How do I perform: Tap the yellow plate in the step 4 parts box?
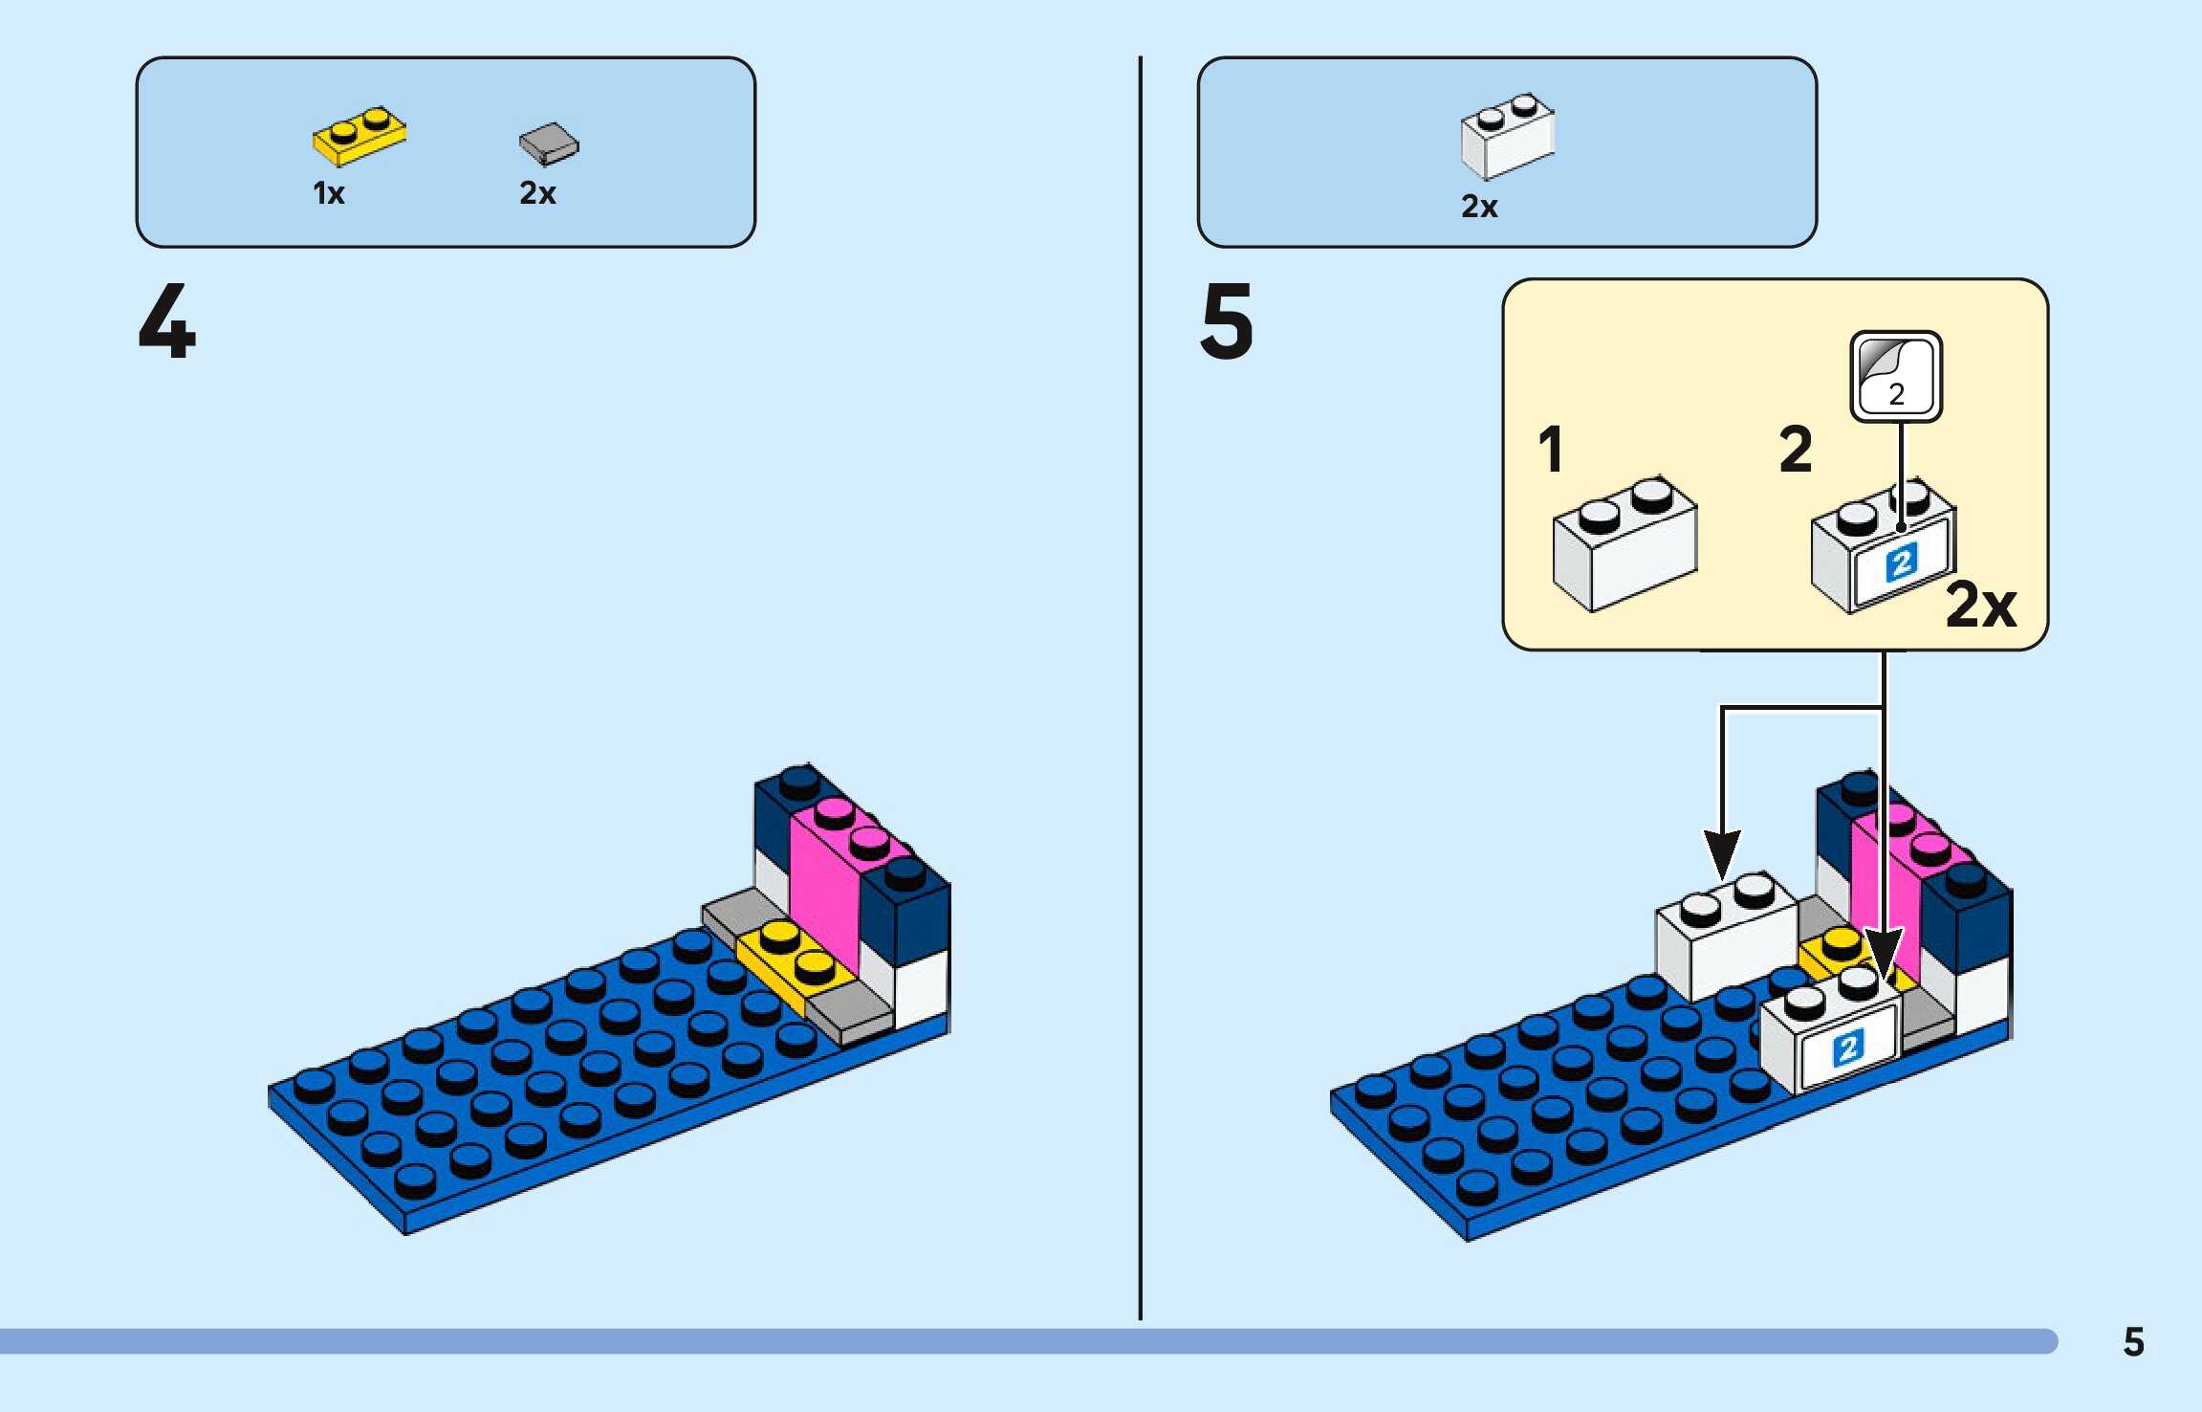[x=359, y=136]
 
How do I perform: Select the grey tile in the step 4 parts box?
[x=549, y=143]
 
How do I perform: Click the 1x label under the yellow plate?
[x=328, y=193]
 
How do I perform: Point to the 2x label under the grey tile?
[x=537, y=193]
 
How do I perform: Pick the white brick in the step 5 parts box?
[x=1507, y=136]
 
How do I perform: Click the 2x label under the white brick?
[x=1479, y=207]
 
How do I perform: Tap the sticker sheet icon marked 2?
[x=1896, y=376]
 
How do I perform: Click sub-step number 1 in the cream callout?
[x=1551, y=450]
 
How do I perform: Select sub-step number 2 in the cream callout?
[x=1796, y=450]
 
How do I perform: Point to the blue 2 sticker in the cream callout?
[x=1901, y=563]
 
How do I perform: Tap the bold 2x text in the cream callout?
[x=1980, y=605]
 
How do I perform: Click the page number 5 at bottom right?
[x=2133, y=1342]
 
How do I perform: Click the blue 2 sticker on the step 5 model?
[x=1847, y=1048]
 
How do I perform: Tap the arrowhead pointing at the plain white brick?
[x=1722, y=853]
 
